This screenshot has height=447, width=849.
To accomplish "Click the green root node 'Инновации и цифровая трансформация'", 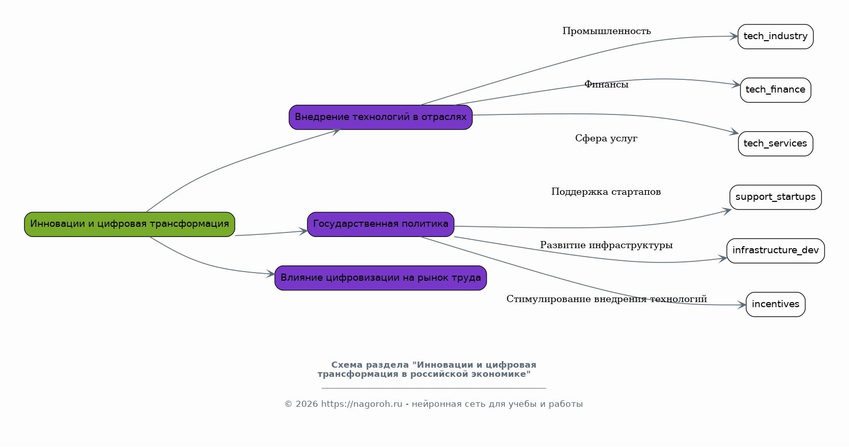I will (x=129, y=224).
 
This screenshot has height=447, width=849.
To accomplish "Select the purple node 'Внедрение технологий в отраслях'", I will (x=380, y=117).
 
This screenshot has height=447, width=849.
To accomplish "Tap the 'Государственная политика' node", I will (x=380, y=224).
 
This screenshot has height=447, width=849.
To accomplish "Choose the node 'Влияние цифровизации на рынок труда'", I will (x=380, y=278).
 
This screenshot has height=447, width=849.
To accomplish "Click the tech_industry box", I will (x=775, y=37).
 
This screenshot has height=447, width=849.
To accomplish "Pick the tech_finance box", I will (x=775, y=90).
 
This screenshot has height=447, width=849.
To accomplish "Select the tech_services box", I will (x=775, y=144).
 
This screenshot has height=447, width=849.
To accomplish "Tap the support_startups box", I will (x=775, y=197).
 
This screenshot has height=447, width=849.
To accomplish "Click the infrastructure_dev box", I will (x=775, y=251).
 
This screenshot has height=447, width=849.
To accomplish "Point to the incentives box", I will (x=775, y=304).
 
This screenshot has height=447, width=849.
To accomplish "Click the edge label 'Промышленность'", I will (x=606, y=32).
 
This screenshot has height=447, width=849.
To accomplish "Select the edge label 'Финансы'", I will (x=606, y=85).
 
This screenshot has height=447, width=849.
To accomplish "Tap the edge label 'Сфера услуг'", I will (x=606, y=139).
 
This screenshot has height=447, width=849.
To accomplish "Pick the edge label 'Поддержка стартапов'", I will (x=606, y=192).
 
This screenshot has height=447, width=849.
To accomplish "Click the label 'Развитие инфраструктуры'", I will (x=606, y=246).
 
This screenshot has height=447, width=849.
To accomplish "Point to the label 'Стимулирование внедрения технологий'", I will (x=606, y=300).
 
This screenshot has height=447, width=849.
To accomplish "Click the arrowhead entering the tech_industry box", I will (x=734, y=36).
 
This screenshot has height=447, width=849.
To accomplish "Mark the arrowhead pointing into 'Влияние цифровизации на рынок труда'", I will (x=271, y=274).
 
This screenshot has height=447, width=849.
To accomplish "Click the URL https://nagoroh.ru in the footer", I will (x=361, y=404).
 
